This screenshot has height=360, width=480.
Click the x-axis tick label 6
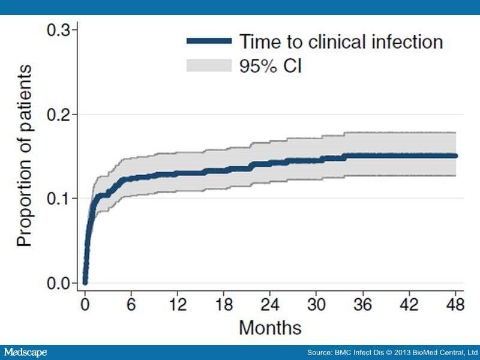pos(131,305)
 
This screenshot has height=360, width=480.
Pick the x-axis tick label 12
pos(178,305)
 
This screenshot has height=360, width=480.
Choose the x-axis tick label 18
pos(224,305)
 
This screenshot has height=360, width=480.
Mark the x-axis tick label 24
pos(271,305)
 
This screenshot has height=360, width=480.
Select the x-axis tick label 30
pos(317,305)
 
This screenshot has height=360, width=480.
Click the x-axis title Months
pos(270,328)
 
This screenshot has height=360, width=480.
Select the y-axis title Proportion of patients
pos(24,156)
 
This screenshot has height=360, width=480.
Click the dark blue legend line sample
pos(208,41)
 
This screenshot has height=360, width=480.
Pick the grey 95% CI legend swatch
pos(208,65)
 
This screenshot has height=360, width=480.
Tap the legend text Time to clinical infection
pos(341,41)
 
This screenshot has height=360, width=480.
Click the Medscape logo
pos(25,352)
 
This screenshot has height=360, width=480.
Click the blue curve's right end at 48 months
pos(455,156)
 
